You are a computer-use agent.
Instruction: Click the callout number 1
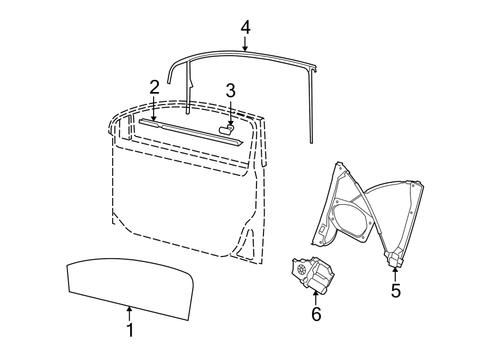coord(130,330)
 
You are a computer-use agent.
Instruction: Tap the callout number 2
coord(155,87)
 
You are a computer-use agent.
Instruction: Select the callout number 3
coord(230,91)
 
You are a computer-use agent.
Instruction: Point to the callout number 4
coord(245,27)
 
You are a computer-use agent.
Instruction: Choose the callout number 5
coord(396,291)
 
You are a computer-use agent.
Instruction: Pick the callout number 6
coord(316,314)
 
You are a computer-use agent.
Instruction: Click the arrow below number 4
coord(245,44)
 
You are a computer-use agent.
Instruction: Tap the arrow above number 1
coord(130,314)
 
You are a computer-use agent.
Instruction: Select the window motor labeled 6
coord(313,275)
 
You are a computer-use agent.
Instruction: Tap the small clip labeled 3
coord(226,129)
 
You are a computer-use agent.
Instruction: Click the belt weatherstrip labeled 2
coord(191,131)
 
